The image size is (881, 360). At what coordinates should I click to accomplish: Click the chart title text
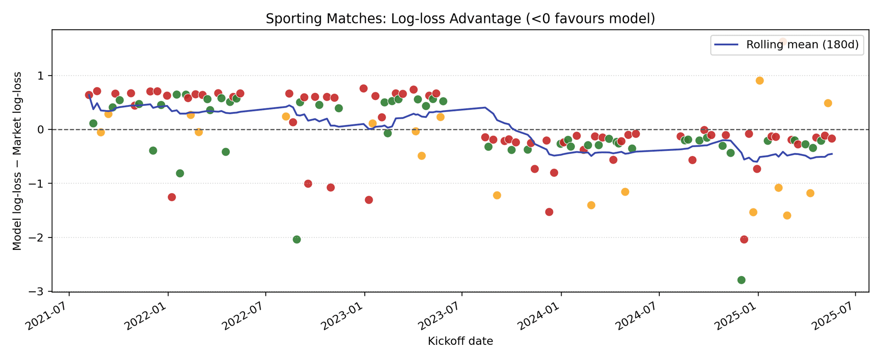coord(460,19)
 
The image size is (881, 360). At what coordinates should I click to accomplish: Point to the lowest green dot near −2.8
coord(741,280)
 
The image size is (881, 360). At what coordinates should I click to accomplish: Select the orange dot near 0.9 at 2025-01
coord(759,81)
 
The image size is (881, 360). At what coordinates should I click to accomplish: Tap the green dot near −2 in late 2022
coord(297,239)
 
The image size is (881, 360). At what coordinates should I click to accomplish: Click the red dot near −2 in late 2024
coord(744,239)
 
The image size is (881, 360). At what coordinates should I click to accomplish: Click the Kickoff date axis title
coord(460,341)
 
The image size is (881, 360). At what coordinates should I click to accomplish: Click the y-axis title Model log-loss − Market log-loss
coord(17,161)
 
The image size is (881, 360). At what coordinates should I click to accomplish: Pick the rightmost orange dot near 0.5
coord(828,103)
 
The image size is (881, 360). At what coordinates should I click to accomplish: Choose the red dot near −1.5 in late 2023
coord(549,212)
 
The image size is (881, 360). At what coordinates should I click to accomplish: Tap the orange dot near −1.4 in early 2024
coord(591,205)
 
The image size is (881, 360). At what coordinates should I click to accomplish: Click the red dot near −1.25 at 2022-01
coord(172,197)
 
